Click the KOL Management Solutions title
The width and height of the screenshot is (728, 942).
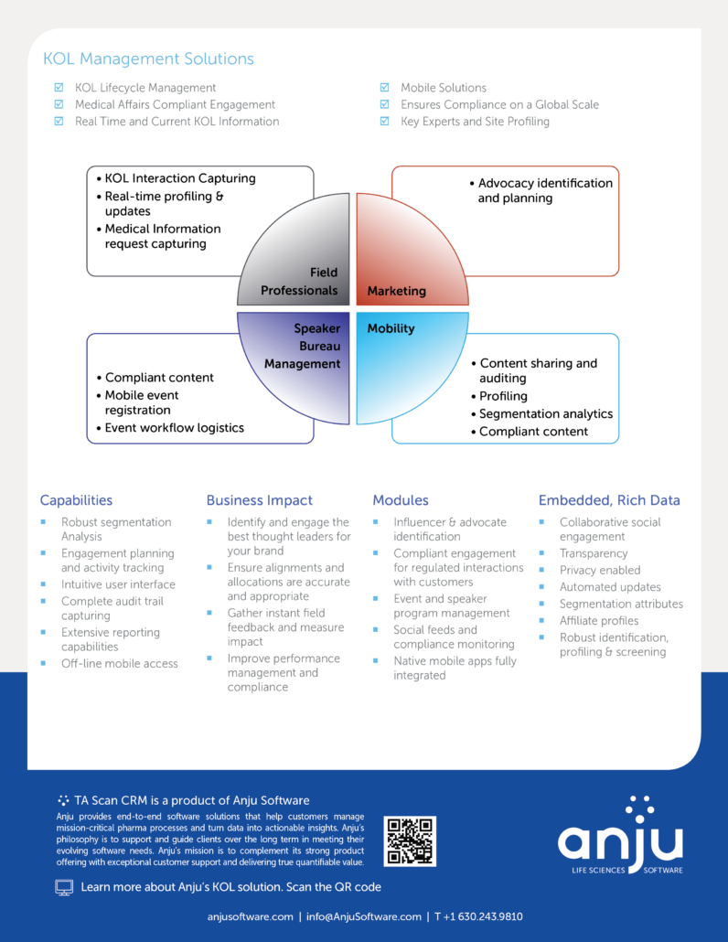coord(148,59)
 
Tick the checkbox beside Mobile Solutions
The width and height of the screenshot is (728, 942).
coord(384,88)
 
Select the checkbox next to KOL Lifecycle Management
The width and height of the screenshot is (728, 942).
coord(59,88)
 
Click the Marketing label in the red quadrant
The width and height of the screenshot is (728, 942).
coord(396,291)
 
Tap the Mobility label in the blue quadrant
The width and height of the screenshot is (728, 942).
coord(391,328)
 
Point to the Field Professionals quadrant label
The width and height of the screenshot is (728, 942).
coord(299,281)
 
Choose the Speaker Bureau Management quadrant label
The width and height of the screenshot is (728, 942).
coord(302,346)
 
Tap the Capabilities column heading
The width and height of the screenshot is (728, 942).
coord(76,500)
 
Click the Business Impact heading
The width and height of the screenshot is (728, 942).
coord(260,500)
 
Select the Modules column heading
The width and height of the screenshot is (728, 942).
coord(401,500)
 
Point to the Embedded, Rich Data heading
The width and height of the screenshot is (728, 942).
coord(609,500)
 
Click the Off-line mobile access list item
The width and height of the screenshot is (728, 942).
coord(120,664)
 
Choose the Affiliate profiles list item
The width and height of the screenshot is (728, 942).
coord(599,621)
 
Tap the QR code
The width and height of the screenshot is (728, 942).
coord(410,841)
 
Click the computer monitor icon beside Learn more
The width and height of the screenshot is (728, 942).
coord(64,888)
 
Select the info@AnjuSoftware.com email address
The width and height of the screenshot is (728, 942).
coord(363,916)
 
